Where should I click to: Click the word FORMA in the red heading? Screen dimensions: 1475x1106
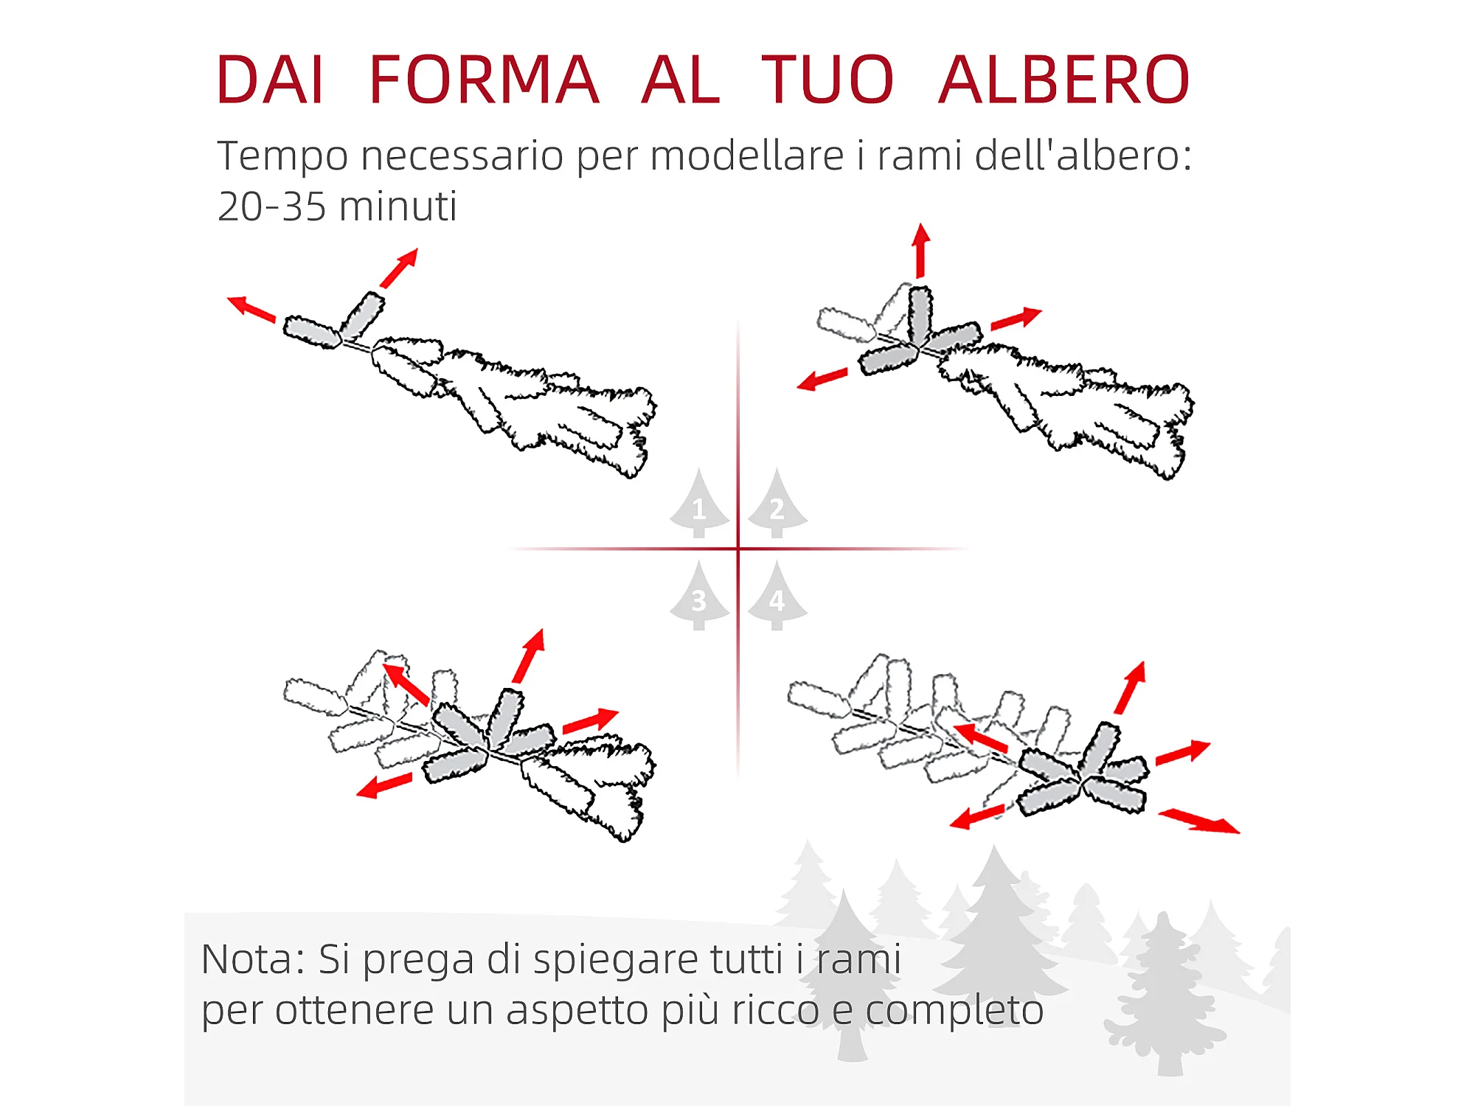click(483, 80)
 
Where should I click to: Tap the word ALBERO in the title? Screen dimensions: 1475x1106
click(1064, 80)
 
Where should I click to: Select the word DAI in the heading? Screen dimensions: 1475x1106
click(269, 80)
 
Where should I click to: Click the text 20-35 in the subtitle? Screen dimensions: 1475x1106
click(271, 206)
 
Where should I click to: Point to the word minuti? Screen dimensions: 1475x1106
click(398, 206)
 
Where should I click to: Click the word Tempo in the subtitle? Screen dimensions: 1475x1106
click(282, 157)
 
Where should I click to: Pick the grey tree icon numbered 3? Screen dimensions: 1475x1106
click(699, 596)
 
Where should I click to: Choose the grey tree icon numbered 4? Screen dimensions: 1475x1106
click(777, 596)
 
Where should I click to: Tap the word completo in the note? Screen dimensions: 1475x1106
click(954, 1011)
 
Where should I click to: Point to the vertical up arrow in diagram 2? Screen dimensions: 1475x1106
click(920, 251)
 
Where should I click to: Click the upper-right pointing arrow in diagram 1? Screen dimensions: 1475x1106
click(399, 268)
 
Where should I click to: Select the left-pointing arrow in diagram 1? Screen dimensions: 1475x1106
click(251, 309)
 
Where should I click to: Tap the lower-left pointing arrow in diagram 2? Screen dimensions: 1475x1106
click(822, 379)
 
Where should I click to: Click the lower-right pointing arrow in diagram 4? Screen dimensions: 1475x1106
click(1199, 821)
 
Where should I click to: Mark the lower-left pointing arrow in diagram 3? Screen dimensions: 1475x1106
click(384, 785)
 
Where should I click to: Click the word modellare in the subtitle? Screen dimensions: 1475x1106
click(746, 156)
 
